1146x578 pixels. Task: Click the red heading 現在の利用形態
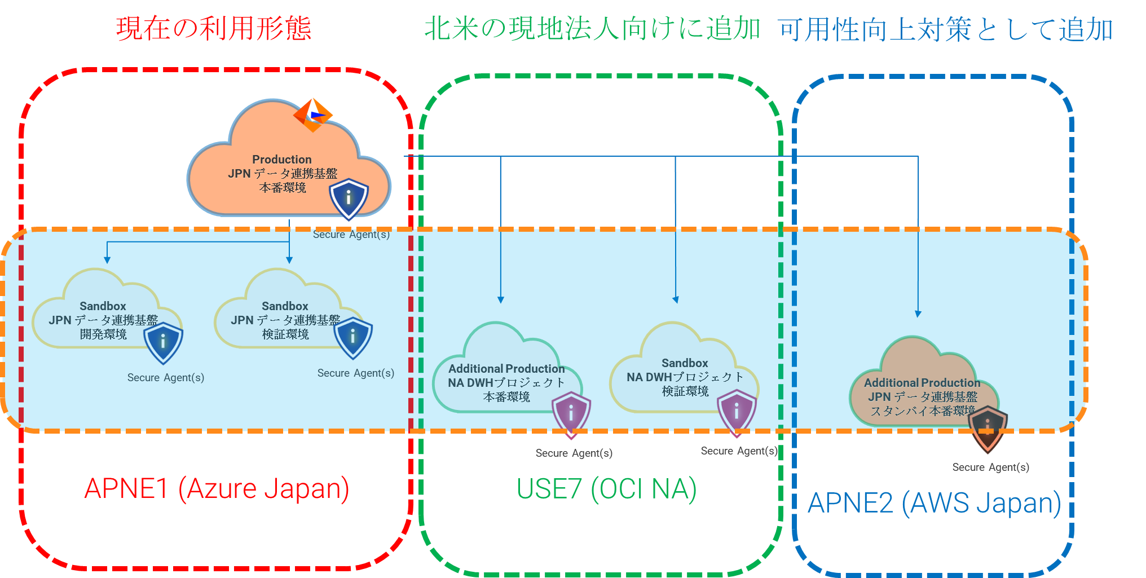[x=213, y=28]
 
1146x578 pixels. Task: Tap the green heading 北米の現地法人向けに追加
[x=592, y=28]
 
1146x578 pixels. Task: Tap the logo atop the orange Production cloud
[x=312, y=114]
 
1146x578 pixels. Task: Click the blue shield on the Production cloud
[x=349, y=198]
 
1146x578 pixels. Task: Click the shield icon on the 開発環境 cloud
[x=163, y=342]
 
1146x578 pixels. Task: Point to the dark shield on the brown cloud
[x=988, y=429]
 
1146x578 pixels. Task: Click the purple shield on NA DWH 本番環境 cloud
[x=571, y=414]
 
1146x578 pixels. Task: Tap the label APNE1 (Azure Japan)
[x=217, y=488]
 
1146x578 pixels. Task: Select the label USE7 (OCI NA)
[x=607, y=489]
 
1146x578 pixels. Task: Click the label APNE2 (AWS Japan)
[x=934, y=503]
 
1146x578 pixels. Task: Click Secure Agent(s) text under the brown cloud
[x=990, y=467]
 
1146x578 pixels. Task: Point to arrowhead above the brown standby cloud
[x=918, y=314]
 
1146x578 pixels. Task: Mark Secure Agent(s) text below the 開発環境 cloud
[x=165, y=377]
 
